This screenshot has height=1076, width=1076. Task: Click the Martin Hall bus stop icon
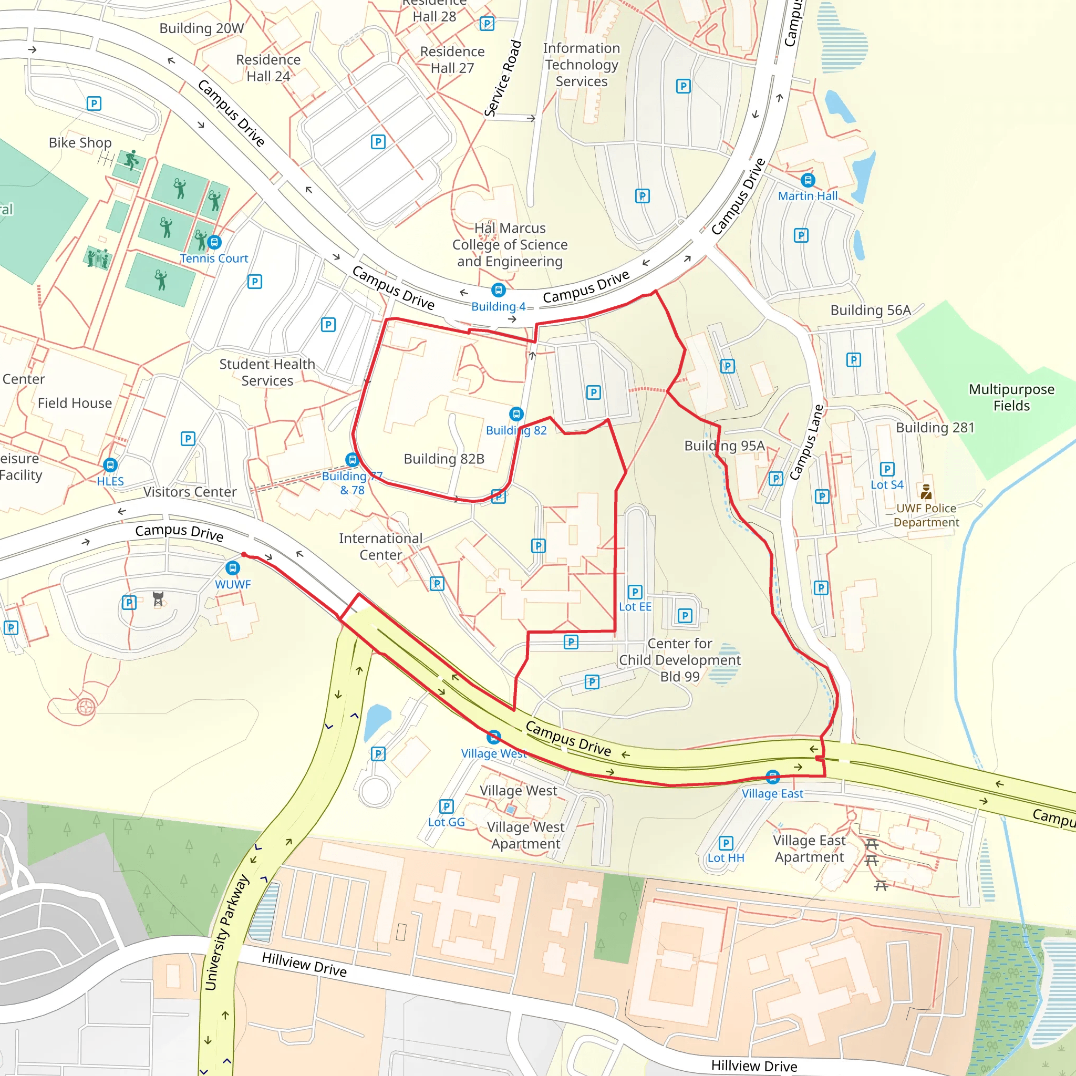tap(808, 180)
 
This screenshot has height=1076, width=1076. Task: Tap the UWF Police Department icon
tap(926, 492)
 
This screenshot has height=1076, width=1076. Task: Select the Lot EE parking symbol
tap(635, 592)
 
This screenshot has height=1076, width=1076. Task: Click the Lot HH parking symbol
tap(726, 843)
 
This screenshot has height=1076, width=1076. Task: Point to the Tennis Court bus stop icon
tap(214, 242)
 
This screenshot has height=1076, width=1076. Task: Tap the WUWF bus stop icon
tap(233, 568)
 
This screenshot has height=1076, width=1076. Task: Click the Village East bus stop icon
tap(772, 777)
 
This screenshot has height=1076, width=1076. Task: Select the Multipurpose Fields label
tap(1011, 397)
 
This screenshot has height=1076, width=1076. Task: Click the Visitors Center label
tap(190, 492)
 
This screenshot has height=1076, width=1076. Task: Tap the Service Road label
tap(503, 78)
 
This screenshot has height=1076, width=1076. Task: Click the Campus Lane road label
tap(806, 443)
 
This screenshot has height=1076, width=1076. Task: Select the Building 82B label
tap(444, 458)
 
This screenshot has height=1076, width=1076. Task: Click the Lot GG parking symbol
tap(447, 806)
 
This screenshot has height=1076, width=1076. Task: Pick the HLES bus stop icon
tap(110, 465)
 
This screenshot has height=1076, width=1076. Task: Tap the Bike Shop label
tap(80, 142)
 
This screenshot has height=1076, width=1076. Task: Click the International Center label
tap(380, 546)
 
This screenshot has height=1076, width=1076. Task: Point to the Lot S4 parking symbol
tap(887, 469)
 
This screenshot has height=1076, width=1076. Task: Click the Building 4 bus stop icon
tap(499, 290)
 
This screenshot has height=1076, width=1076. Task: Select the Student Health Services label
tap(267, 372)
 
